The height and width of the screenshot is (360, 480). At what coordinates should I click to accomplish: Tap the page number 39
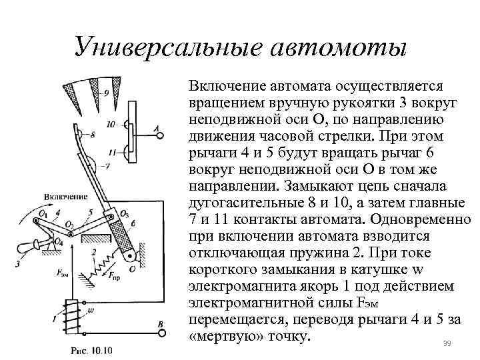[x=447, y=343]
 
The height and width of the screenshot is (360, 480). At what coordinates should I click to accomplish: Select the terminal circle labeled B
[x=159, y=333]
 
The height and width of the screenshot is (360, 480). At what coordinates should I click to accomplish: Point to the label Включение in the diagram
[x=67, y=197]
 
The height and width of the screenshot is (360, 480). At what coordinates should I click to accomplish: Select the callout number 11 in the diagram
[x=111, y=151]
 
